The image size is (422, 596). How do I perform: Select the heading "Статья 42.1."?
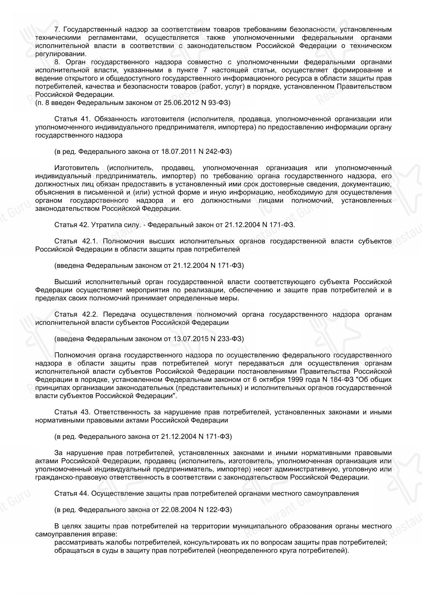click(76, 241)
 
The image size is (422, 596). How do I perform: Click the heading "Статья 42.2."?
click(76, 314)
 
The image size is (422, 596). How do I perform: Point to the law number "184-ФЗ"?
click(342, 379)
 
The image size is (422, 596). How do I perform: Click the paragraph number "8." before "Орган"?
click(57, 62)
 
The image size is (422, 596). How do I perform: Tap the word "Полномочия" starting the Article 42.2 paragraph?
click(76, 355)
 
